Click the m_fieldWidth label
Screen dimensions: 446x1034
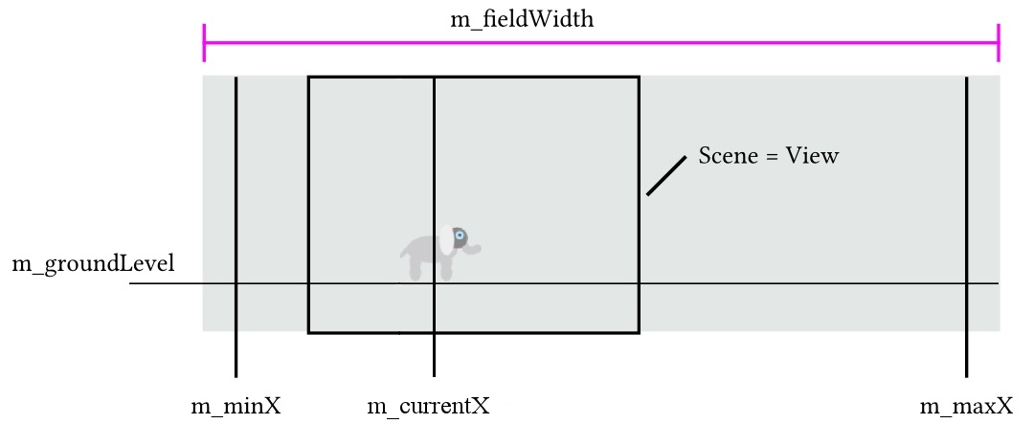click(x=522, y=19)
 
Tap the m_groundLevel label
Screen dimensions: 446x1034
click(x=93, y=264)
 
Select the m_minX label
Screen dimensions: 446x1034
click(x=236, y=407)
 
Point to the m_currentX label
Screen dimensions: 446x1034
click(x=429, y=407)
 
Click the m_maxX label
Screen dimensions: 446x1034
click(x=966, y=407)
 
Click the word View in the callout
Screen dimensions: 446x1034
click(x=812, y=156)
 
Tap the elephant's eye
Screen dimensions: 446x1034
click(x=460, y=235)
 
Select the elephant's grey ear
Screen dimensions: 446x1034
click(x=461, y=238)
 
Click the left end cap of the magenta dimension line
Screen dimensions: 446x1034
click(x=205, y=42)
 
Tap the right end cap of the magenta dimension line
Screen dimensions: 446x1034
click(x=999, y=42)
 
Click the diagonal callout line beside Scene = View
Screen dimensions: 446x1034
click(x=666, y=175)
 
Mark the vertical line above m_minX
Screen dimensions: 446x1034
click(x=236, y=191)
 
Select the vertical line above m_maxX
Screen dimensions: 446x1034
click(x=966, y=191)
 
